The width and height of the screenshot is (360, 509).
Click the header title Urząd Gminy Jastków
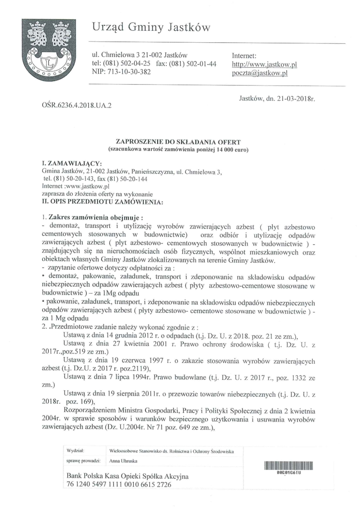tap(152, 28)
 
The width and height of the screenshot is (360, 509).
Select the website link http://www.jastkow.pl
tap(264, 64)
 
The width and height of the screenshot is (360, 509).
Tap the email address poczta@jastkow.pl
tap(259, 73)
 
